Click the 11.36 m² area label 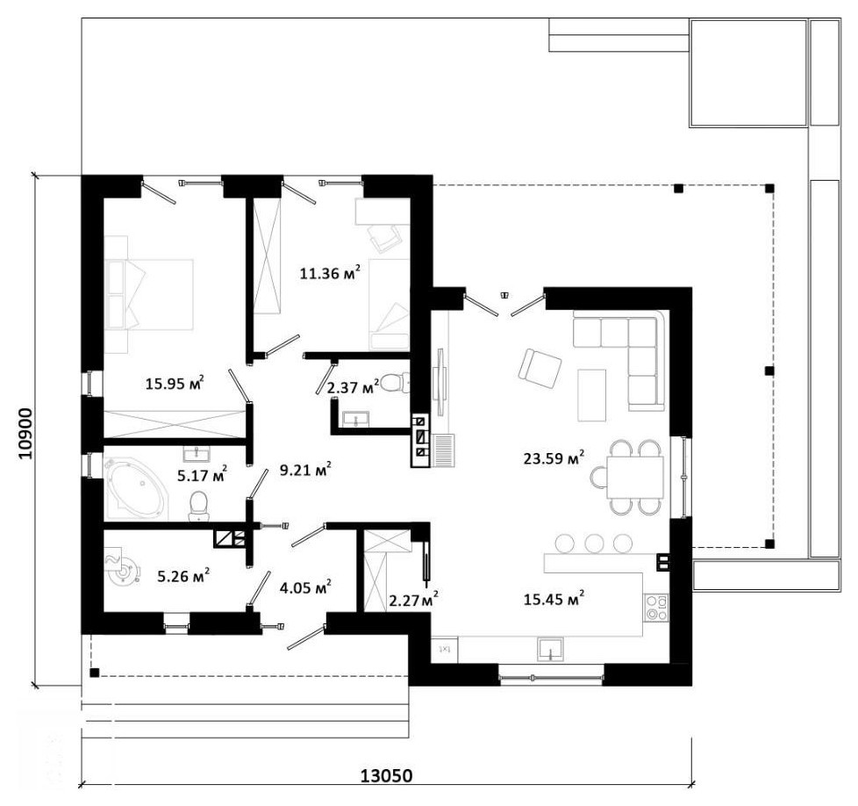pos(330,272)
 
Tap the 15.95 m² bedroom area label pos(175,383)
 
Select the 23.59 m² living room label pos(554,457)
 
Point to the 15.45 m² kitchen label pos(554,599)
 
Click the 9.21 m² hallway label pos(304,469)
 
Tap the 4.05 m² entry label pos(304,587)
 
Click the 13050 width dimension pos(386,775)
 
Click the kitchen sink pos(550,650)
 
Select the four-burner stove pos(656,608)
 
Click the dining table pos(635,478)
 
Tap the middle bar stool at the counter pos(594,543)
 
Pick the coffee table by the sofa pos(592,395)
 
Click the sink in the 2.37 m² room pos(356,419)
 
